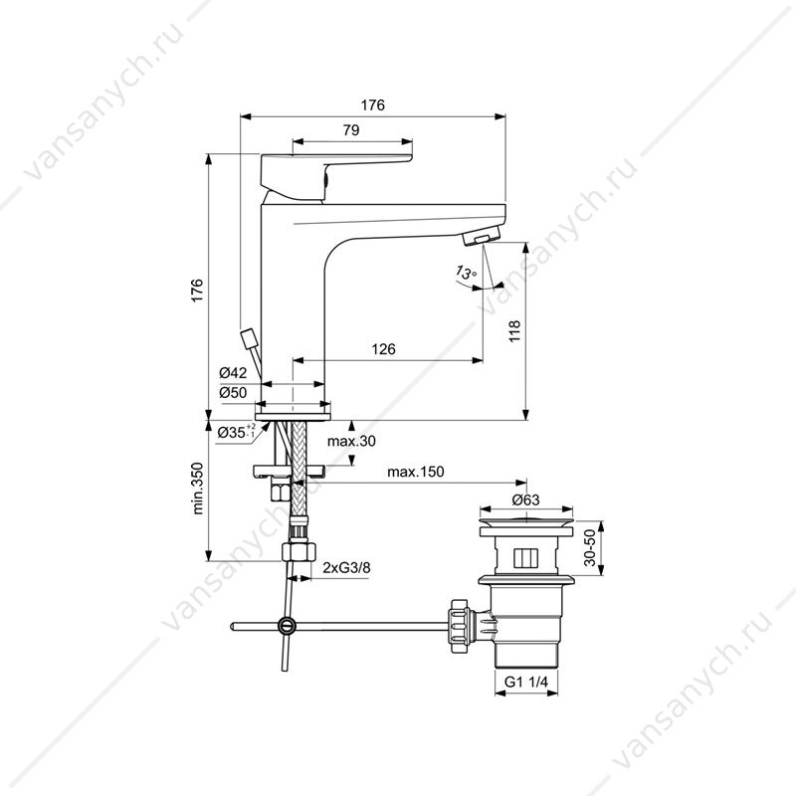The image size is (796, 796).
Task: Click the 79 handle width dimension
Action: [x=351, y=130]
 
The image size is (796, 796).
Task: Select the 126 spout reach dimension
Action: [x=383, y=349]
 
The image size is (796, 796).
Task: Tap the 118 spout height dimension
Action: [x=514, y=331]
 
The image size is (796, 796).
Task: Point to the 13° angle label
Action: [x=466, y=273]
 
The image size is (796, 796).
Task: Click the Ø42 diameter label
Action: [x=233, y=373]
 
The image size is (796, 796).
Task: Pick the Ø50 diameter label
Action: [x=233, y=392]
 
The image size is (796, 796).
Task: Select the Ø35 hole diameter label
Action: [x=236, y=432]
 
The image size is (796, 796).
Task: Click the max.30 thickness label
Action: [x=351, y=441]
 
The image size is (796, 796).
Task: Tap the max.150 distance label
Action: [x=415, y=472]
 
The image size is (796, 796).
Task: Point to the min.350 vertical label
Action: [x=198, y=489]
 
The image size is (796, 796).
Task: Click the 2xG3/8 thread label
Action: [x=346, y=567]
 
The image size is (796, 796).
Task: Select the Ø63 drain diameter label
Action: [x=526, y=500]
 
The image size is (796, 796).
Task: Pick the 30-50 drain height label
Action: [x=589, y=548]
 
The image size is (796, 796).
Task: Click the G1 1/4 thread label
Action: [x=526, y=682]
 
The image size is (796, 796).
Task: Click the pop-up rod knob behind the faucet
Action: [x=248, y=338]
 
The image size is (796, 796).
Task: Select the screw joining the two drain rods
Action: [x=287, y=626]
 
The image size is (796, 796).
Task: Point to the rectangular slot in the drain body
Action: [x=525, y=558]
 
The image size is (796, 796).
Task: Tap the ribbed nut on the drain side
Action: [x=461, y=627]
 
